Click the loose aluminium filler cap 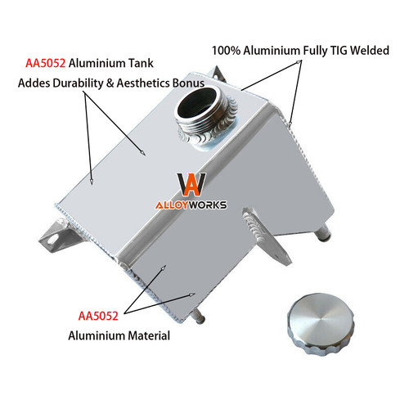(321, 324)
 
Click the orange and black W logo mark (191, 184)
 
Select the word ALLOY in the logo (173, 205)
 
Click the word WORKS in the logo (208, 205)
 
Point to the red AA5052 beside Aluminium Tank (46, 63)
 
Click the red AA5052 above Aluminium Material (98, 316)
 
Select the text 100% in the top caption (226, 51)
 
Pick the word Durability (78, 83)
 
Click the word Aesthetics (143, 83)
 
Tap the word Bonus (188, 83)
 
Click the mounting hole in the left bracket (52, 240)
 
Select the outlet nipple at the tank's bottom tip (199, 317)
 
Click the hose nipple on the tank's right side (322, 233)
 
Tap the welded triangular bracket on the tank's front (266, 236)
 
